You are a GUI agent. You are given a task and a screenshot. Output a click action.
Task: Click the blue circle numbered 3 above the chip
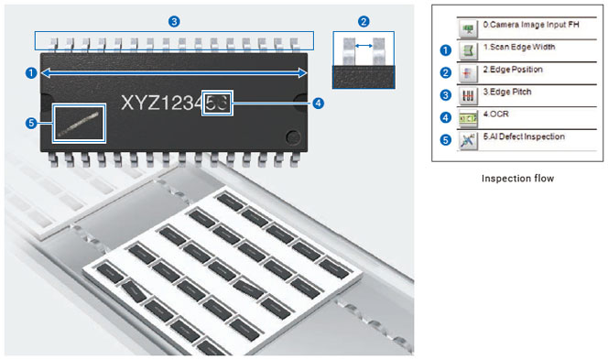coord(174,21)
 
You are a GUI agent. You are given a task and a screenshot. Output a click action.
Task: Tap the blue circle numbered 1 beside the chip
coord(30,73)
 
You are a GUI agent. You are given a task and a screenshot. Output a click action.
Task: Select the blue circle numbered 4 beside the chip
coord(318,104)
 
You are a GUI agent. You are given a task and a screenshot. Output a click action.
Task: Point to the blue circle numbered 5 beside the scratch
coord(30,124)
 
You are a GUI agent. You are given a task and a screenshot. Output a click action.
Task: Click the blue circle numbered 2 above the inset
coord(364,21)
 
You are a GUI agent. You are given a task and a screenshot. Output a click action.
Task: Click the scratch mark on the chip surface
coord(79,125)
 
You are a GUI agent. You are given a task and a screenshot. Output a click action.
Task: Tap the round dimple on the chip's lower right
coord(293,137)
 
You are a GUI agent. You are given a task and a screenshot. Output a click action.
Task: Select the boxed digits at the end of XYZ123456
coord(217,104)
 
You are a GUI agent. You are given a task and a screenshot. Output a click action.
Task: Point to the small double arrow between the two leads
coord(364,46)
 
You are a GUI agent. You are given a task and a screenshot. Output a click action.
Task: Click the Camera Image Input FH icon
coord(468,28)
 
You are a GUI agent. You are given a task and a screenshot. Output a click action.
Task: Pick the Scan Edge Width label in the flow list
coord(519,47)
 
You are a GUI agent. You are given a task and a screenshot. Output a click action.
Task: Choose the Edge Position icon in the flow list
coord(468,73)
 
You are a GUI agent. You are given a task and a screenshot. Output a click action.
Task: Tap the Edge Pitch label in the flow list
coord(507,92)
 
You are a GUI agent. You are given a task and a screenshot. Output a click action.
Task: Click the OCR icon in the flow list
coord(468,118)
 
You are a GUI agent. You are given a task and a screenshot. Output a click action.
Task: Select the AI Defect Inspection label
coord(524,136)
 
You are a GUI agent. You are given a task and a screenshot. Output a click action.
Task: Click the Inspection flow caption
coord(517,179)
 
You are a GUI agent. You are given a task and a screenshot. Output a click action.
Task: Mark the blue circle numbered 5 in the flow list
coord(446,139)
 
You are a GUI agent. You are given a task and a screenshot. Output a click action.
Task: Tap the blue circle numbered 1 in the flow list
coord(446,50)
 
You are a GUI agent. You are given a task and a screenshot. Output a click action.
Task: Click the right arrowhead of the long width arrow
coord(302,73)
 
